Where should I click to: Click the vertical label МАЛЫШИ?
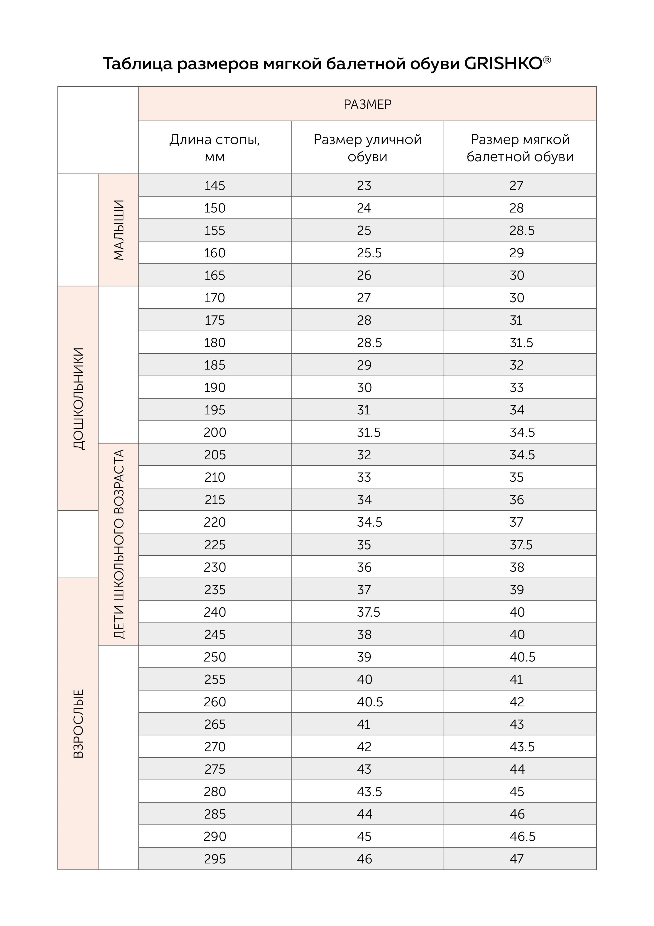point(118,230)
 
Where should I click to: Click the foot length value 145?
point(215,186)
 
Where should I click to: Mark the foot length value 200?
point(215,432)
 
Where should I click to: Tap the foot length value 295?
point(215,859)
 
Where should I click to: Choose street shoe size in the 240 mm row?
point(368,612)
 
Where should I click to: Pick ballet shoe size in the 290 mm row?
point(522,837)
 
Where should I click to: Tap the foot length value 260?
point(215,702)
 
